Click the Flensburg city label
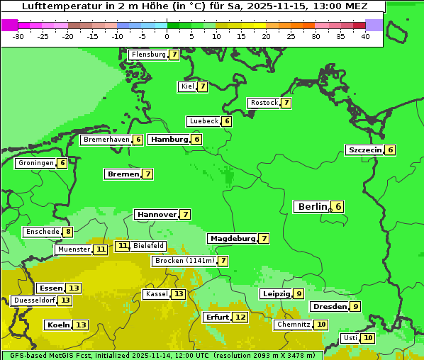pyautogui.click(x=148, y=55)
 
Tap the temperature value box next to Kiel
pyautogui.click(x=202, y=86)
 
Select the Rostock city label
pyautogui.click(x=264, y=103)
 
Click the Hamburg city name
pyautogui.click(x=169, y=140)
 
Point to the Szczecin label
pyautogui.click(x=364, y=150)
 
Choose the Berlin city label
pyautogui.click(x=312, y=207)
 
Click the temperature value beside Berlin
pyautogui.click(x=338, y=207)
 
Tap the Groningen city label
pyautogui.click(x=35, y=163)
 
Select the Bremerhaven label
pyautogui.click(x=106, y=140)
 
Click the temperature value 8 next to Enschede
pyautogui.click(x=67, y=232)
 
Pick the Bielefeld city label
pyautogui.click(x=148, y=246)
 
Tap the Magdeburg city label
pyautogui.click(x=232, y=239)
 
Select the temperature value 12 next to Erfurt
pyautogui.click(x=240, y=317)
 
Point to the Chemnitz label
pyautogui.click(x=294, y=325)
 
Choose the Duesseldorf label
pyautogui.click(x=34, y=300)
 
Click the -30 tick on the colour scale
pyautogui.click(x=18, y=36)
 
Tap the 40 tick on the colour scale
pyautogui.click(x=365, y=36)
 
